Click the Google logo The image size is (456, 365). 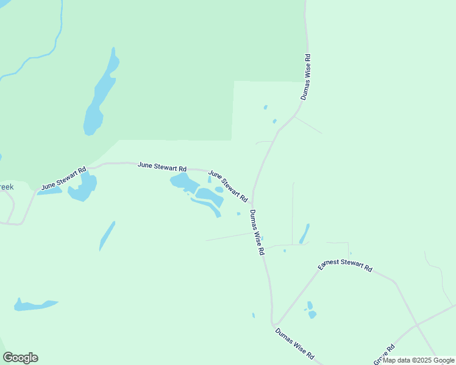pyautogui.click(x=20, y=358)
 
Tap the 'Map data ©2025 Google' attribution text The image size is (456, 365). pyautogui.click(x=419, y=360)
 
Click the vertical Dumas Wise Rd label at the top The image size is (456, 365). pyautogui.click(x=306, y=77)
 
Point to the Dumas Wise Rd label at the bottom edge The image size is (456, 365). pyautogui.click(x=294, y=343)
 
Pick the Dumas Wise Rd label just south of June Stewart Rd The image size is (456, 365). pyautogui.click(x=257, y=232)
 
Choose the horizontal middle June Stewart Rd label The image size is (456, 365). pyautogui.click(x=162, y=165)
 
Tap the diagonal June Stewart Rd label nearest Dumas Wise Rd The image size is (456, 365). pyautogui.click(x=229, y=186)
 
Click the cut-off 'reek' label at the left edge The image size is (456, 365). pyautogui.click(x=6, y=187)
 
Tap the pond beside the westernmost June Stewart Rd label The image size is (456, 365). pyautogui.click(x=83, y=188)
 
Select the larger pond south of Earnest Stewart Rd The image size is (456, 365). pyautogui.click(x=312, y=315)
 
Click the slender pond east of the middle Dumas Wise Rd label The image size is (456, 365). pyautogui.click(x=304, y=234)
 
